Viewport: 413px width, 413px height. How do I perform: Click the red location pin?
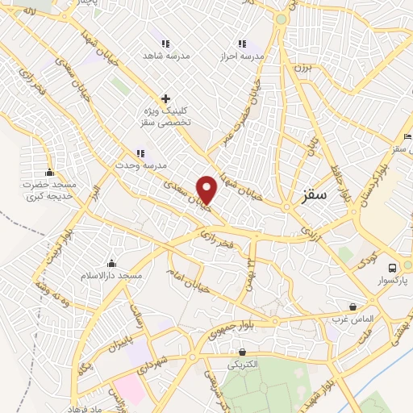click(x=207, y=190)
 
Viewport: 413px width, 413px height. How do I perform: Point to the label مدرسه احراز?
click(x=241, y=58)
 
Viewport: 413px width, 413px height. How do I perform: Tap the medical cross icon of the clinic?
click(x=165, y=98)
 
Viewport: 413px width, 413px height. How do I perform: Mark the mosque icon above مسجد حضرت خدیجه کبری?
click(x=50, y=172)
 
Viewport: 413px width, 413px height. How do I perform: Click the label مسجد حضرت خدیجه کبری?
click(x=49, y=190)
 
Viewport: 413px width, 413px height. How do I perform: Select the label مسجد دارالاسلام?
click(x=111, y=277)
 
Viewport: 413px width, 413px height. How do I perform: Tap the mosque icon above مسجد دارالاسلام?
click(x=111, y=264)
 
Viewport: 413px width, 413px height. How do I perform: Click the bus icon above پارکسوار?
click(x=392, y=267)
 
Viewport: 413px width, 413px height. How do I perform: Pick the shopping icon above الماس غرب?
click(x=353, y=307)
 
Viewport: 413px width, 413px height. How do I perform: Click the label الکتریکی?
click(x=242, y=365)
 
